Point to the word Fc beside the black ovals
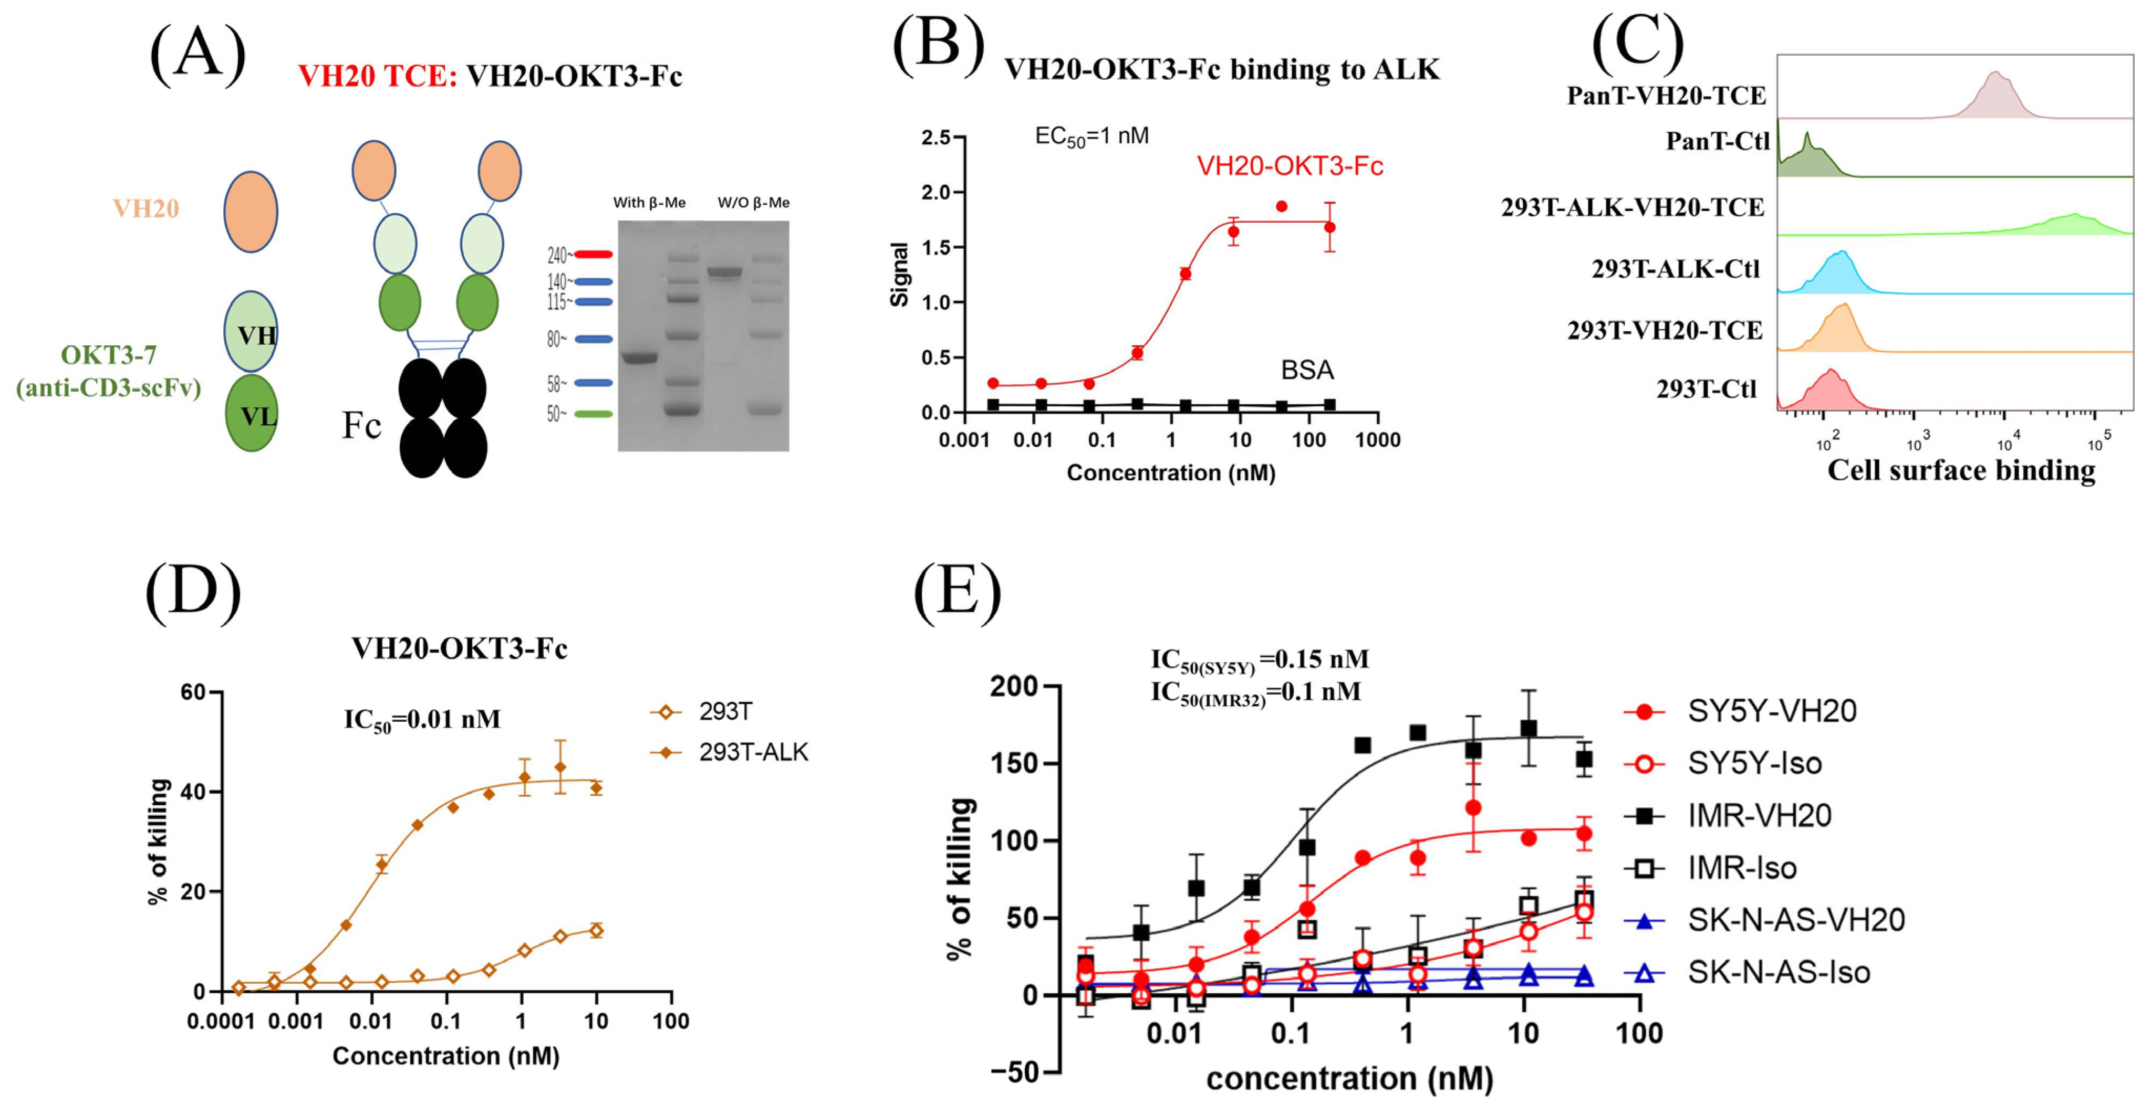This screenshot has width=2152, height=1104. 361,426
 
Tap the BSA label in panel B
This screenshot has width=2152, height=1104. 1307,370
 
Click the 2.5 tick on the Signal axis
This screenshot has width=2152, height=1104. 935,138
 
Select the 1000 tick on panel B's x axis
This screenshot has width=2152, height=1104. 1378,440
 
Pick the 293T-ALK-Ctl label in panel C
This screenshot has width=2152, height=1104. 1675,269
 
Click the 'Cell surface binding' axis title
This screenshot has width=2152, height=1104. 1961,470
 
